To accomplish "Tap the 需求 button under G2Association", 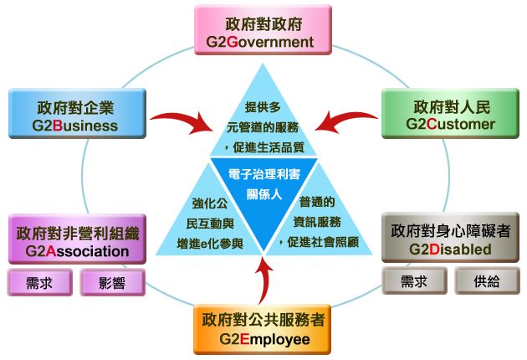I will click(x=40, y=282).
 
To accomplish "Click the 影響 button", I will click(x=111, y=282).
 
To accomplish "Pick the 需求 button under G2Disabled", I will click(x=416, y=282).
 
